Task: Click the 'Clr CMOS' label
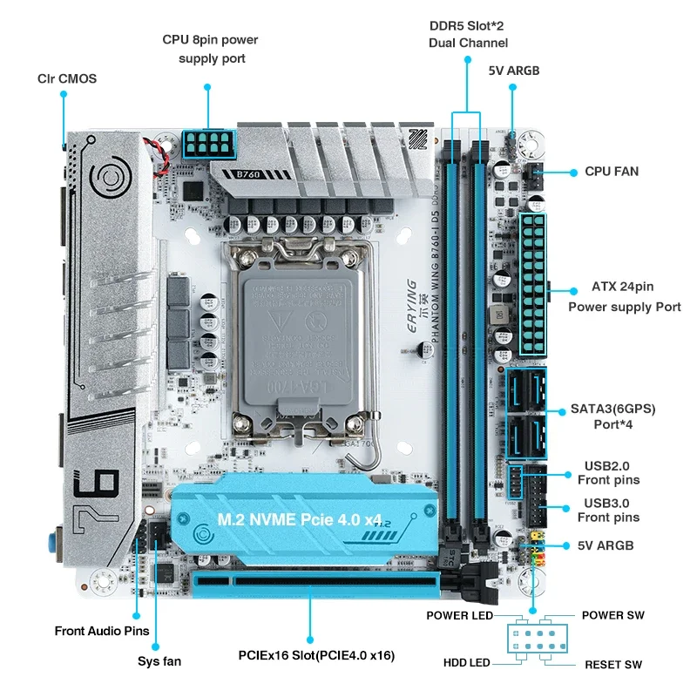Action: point(66,78)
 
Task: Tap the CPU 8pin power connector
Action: point(208,144)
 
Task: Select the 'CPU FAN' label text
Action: point(611,172)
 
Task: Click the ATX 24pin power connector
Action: point(532,283)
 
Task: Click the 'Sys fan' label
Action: point(159,661)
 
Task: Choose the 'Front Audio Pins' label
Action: point(102,631)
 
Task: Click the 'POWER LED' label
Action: point(459,616)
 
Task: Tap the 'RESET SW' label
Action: point(612,665)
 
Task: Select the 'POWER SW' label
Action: point(613,616)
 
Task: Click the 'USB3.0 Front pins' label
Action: point(608,511)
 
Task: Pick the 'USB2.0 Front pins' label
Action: point(608,472)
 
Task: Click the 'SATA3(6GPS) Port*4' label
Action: point(612,416)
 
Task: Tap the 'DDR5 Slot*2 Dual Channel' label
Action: point(468,34)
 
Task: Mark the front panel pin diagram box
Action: point(531,640)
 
